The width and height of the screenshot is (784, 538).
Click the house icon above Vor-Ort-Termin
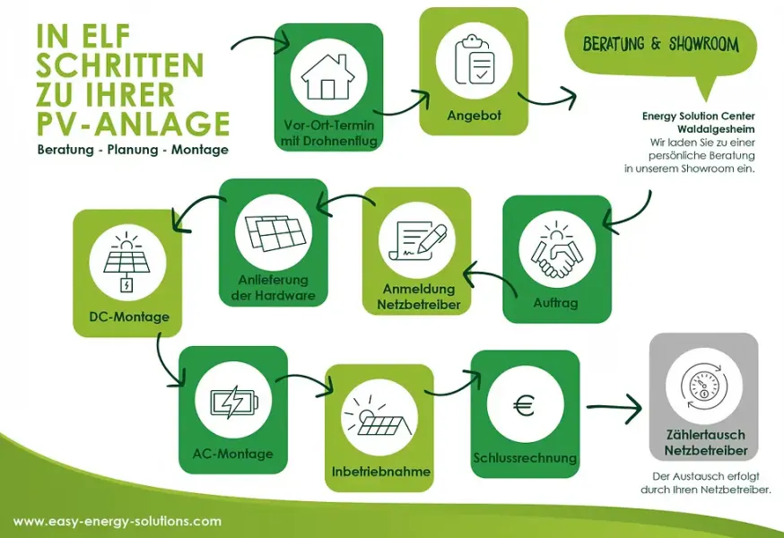point(328,77)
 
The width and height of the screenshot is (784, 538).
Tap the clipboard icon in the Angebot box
point(474,59)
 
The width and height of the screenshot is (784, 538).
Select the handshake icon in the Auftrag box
point(557,249)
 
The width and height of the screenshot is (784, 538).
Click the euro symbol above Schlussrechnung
point(525,405)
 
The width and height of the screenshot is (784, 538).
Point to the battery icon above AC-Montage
point(234,402)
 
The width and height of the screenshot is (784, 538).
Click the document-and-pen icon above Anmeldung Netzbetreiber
point(417,240)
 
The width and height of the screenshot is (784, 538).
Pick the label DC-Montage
point(129,317)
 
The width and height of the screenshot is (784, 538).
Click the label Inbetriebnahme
point(381,472)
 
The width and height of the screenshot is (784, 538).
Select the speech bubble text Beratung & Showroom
point(660,44)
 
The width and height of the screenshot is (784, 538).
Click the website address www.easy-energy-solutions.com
point(117,522)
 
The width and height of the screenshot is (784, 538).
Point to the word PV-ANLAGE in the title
point(134,123)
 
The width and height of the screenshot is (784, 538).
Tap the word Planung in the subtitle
point(133,150)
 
